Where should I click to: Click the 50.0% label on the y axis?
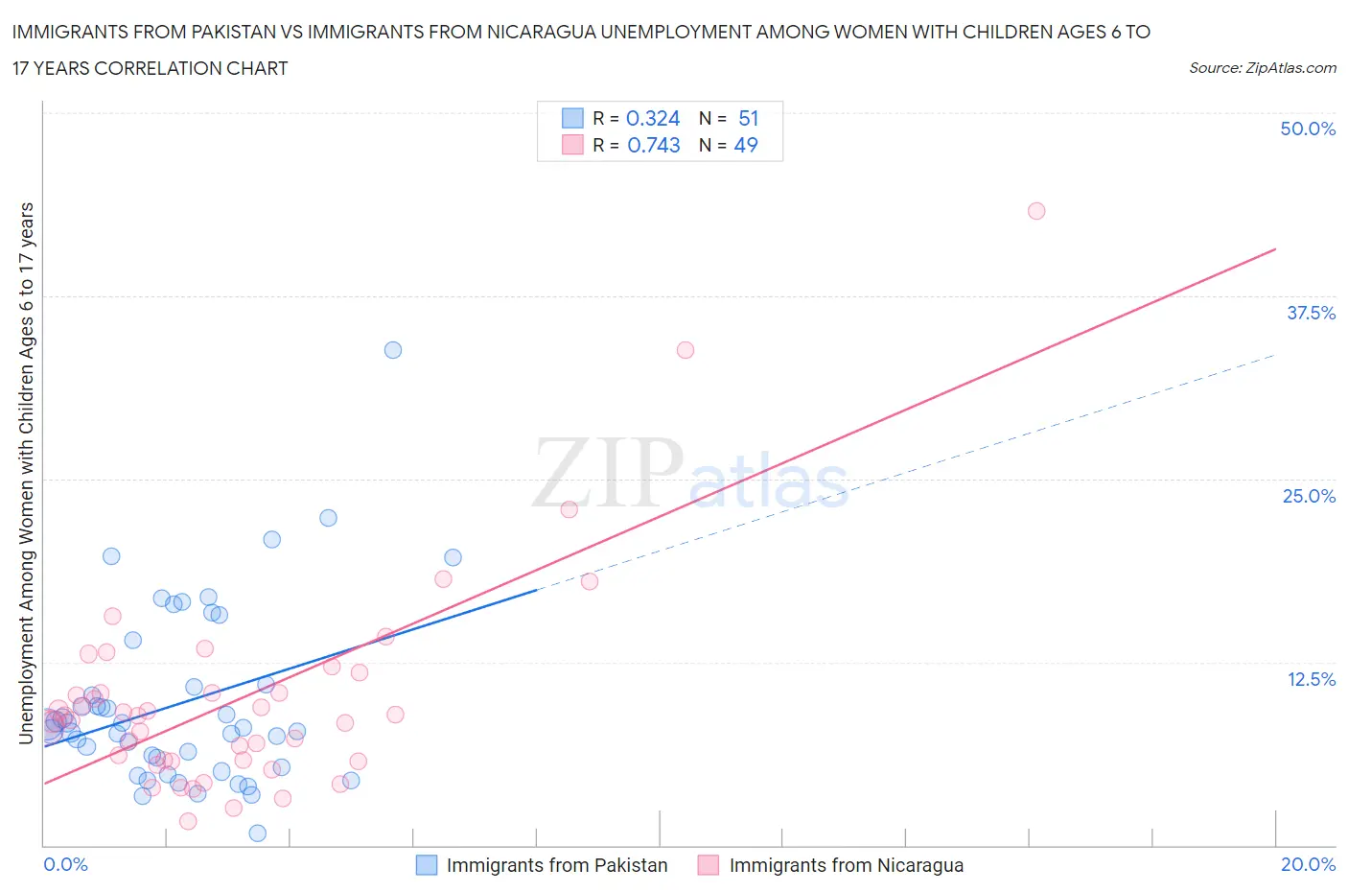[x=1308, y=129]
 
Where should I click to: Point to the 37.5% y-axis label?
[x=1311, y=313]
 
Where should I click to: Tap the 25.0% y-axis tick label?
[x=1309, y=496]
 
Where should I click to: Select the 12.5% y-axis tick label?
[x=1311, y=679]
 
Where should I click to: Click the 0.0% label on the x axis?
[x=65, y=864]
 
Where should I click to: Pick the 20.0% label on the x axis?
[x=1308, y=864]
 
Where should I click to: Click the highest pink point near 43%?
[x=1035, y=211]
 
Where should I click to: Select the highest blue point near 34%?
[x=393, y=350]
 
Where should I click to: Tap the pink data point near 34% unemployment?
[x=685, y=350]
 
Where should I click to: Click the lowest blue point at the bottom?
[x=257, y=833]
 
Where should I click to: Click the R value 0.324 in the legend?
[x=653, y=118]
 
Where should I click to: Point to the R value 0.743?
[x=654, y=145]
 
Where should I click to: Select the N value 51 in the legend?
[x=749, y=118]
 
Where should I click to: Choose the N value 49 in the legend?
[x=746, y=145]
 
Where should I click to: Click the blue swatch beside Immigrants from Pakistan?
[x=427, y=865]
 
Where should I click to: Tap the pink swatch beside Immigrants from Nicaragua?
[x=709, y=865]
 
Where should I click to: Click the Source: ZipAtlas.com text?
[x=1262, y=67]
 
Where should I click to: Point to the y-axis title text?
[x=26, y=473]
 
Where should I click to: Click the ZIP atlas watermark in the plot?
[x=690, y=473]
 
